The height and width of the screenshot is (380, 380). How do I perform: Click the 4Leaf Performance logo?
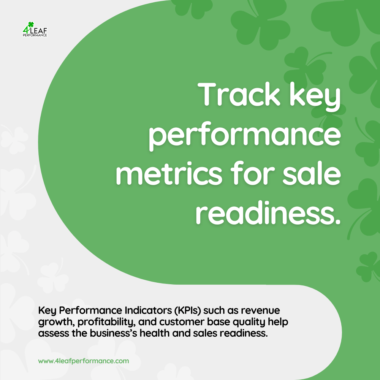click(35, 29)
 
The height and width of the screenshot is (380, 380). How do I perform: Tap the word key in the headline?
click(315, 97)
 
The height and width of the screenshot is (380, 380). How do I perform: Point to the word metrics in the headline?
click(169, 173)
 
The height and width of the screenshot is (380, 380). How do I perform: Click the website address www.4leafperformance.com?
click(84, 361)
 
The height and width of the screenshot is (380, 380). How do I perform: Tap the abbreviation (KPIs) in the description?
click(188, 310)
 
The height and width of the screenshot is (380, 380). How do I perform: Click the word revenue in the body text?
click(261, 311)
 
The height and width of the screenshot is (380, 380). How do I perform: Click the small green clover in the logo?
click(31, 24)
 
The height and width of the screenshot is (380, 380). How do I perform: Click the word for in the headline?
click(252, 173)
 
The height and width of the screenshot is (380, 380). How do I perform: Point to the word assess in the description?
click(54, 334)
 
